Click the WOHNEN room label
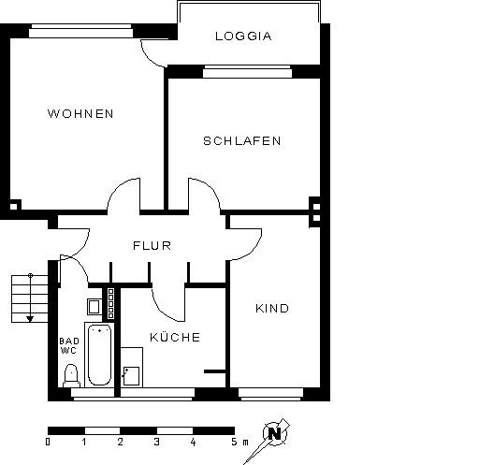pyautogui.click(x=80, y=114)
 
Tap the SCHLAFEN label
pyautogui.click(x=241, y=141)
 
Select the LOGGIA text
pyautogui.click(x=243, y=37)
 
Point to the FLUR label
pyautogui.click(x=151, y=246)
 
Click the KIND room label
pyautogui.click(x=272, y=309)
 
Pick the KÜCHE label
pyautogui.click(x=175, y=337)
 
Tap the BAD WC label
pyautogui.click(x=69, y=346)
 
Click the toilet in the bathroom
pyautogui.click(x=70, y=374)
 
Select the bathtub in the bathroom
pyautogui.click(x=98, y=355)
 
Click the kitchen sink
pyautogui.click(x=131, y=375)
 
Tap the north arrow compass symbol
pyautogui.click(x=274, y=433)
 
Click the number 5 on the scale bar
pyautogui.click(x=233, y=441)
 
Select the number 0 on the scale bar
pyautogui.click(x=49, y=441)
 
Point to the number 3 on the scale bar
pyautogui.click(x=156, y=441)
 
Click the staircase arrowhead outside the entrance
pyautogui.click(x=30, y=318)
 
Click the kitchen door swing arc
pyautogui.click(x=164, y=304)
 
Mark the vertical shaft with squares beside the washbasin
pyautogui.click(x=110, y=304)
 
